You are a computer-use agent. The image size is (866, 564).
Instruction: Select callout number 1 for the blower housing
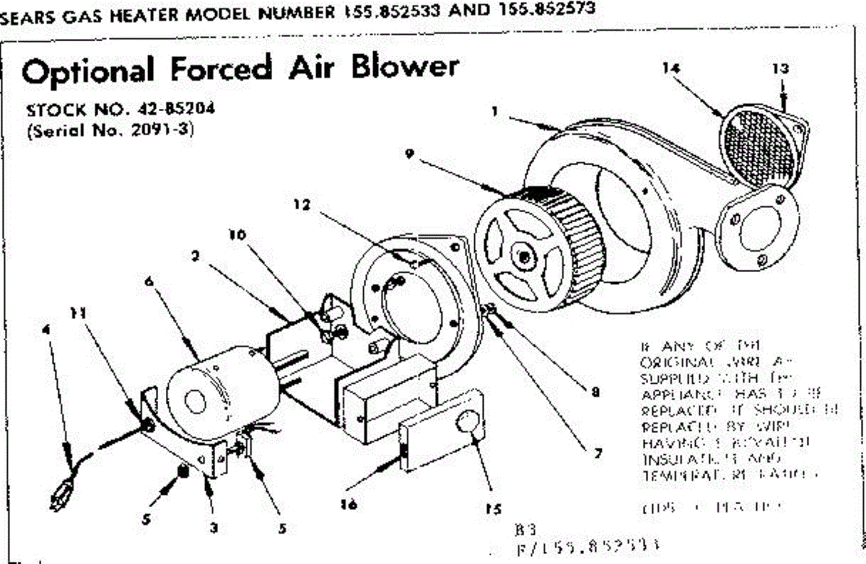pyautogui.click(x=495, y=113)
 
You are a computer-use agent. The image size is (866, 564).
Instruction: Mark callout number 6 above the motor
pyautogui.click(x=148, y=283)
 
